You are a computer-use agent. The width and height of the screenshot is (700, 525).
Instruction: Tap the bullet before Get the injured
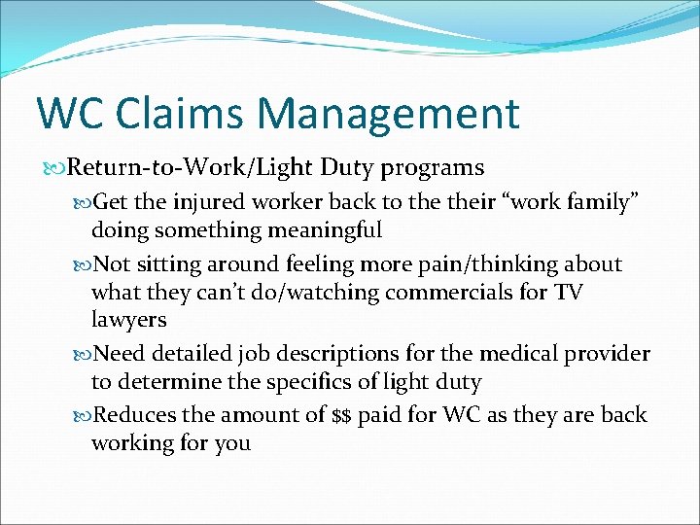coord(82,202)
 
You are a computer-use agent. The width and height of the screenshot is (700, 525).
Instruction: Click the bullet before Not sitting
coord(82,264)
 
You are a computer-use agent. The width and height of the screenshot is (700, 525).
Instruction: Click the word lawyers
coord(128,320)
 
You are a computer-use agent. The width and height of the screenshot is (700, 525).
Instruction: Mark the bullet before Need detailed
coord(82,354)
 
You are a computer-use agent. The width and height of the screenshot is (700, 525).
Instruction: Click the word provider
coord(609,354)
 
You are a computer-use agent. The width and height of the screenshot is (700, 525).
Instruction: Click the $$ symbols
coord(341,416)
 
